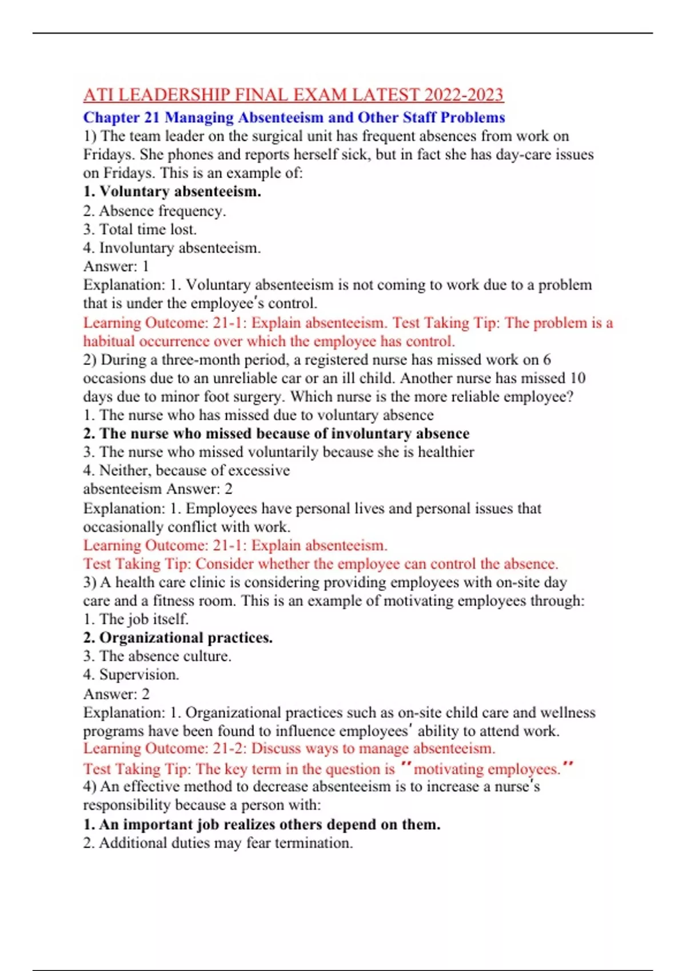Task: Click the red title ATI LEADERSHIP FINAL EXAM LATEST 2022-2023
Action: click(x=293, y=94)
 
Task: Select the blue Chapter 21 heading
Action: click(x=294, y=118)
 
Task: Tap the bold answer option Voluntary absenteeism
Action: click(x=172, y=191)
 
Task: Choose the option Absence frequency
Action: click(x=154, y=211)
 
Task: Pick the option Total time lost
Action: click(x=140, y=229)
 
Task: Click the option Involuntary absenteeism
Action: click(x=172, y=248)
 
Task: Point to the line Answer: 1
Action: click(x=116, y=266)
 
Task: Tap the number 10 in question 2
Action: click(x=577, y=378)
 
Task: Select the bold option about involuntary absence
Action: click(x=276, y=434)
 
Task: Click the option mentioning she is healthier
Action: click(x=278, y=452)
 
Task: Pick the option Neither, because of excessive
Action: click(x=186, y=470)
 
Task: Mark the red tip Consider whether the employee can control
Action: click(x=320, y=564)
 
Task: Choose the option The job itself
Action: click(x=136, y=619)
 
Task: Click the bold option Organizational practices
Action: click(x=178, y=637)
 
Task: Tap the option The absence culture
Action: click(x=157, y=656)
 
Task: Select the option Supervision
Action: click(x=131, y=675)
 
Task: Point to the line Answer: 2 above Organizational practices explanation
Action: click(x=117, y=694)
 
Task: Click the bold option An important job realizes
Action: click(x=262, y=824)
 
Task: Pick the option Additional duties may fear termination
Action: click(x=218, y=843)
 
